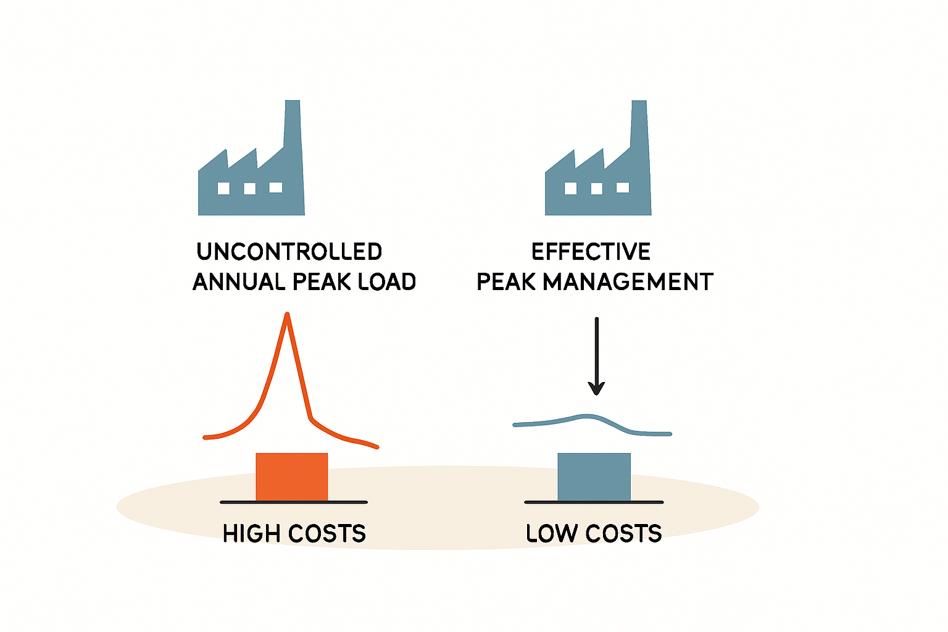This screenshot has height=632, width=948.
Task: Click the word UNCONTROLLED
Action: pos(289,251)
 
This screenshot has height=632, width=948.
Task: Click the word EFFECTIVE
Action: pos(591,251)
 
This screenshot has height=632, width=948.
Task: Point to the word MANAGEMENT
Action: pos(628,282)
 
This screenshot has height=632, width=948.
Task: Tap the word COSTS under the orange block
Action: pos(327,533)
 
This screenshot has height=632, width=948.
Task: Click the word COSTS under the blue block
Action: pos(624,533)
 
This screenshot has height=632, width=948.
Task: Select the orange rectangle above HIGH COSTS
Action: pos(291,477)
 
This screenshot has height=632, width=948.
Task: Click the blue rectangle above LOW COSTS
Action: pos(594,477)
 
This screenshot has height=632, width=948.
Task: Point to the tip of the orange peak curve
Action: pos(288,314)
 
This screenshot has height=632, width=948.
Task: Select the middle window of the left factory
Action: pos(250,188)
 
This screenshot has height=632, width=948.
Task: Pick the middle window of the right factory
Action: pos(597,188)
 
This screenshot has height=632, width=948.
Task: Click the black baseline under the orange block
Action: pos(294,502)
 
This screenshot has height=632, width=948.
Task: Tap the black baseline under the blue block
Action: pos(594,502)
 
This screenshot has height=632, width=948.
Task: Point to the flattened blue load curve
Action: pos(592,417)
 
